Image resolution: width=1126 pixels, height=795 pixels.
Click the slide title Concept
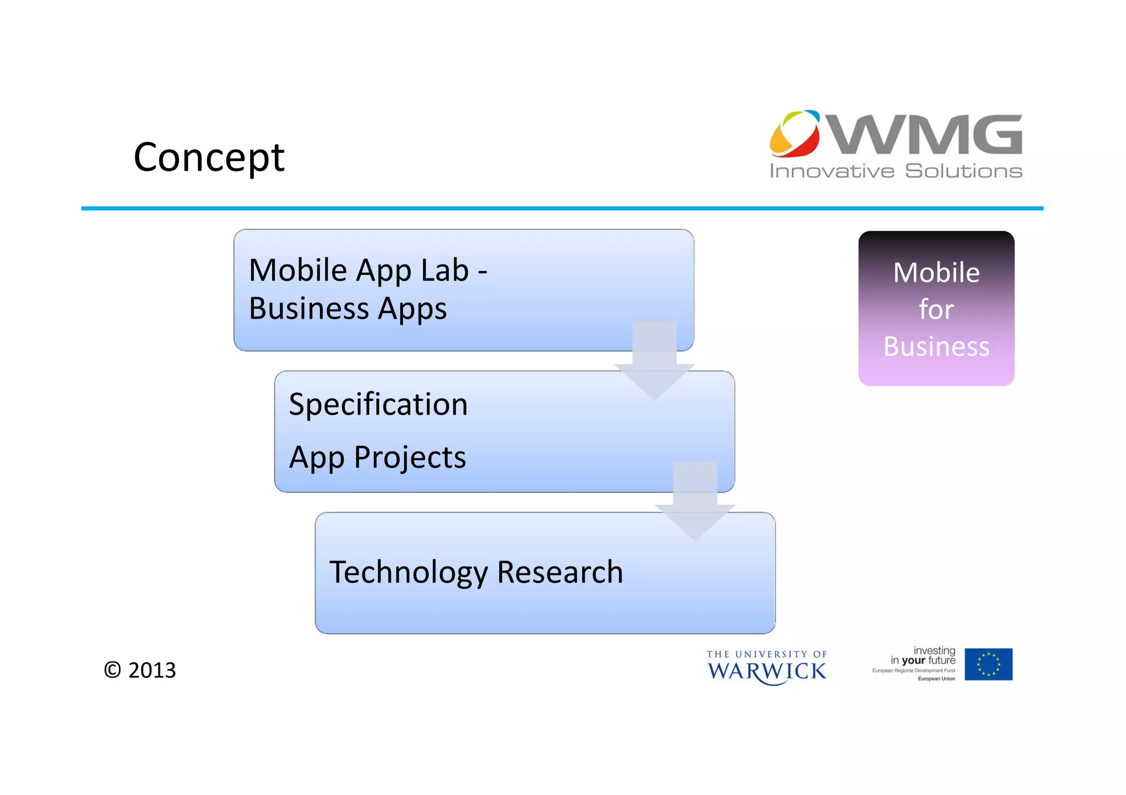209,157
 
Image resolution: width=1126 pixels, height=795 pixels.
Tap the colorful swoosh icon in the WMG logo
794,133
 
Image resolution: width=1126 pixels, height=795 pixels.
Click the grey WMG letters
925,135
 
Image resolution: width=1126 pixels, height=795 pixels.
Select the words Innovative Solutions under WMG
896,171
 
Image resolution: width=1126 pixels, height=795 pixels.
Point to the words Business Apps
347,309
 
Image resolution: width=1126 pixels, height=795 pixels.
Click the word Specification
378,404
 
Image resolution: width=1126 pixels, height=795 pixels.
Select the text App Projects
377,457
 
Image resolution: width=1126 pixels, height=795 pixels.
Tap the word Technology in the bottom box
409,572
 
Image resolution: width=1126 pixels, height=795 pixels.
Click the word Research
560,572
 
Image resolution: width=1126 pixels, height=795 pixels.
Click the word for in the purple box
936,309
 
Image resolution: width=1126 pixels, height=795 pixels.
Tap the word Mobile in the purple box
936,273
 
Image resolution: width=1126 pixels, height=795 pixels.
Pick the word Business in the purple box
936,346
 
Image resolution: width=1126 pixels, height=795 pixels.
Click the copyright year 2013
152,670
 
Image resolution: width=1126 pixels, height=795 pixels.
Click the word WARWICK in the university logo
766,671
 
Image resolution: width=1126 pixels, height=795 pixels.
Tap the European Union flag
988,664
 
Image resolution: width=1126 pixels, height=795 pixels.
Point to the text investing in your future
923,655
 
